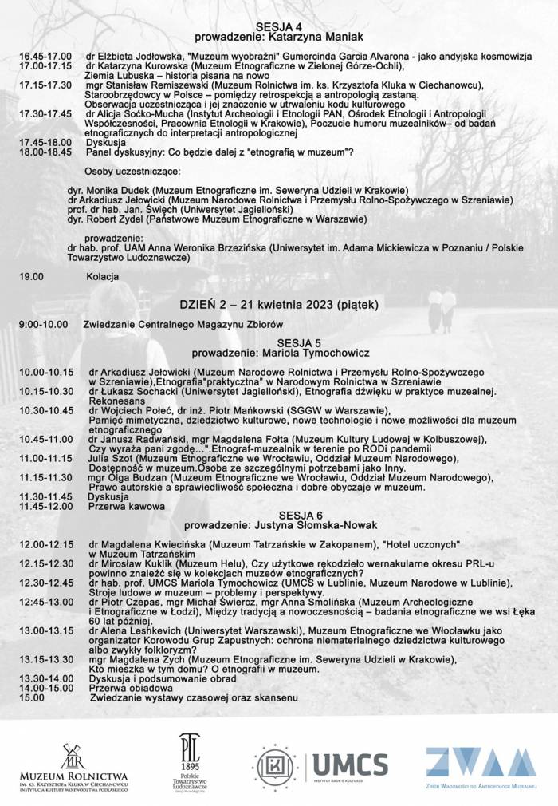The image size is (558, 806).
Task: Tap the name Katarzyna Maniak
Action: point(312,38)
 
